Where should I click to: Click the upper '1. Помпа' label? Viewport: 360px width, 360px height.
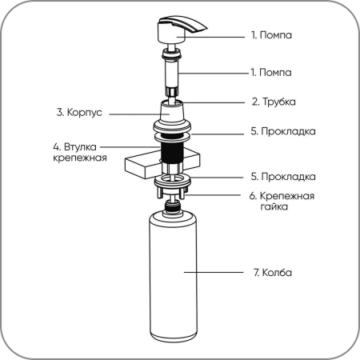click(x=271, y=35)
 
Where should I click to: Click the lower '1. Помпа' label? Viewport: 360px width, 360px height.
click(x=271, y=72)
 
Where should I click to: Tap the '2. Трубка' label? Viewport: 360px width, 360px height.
click(x=274, y=102)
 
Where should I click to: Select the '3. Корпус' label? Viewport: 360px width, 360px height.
click(x=79, y=112)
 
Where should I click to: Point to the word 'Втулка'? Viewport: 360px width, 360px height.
click(x=80, y=146)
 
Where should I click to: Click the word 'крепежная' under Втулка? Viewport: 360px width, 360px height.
click(x=80, y=158)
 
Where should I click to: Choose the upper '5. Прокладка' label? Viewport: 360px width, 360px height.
click(x=283, y=131)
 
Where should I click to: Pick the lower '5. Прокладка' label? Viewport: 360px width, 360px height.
click(x=283, y=177)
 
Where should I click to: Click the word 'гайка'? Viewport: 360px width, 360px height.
click(x=274, y=206)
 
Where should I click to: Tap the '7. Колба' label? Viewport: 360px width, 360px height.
click(x=273, y=273)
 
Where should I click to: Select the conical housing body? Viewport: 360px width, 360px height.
click(x=172, y=112)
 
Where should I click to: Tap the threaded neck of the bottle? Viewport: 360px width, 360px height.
click(x=174, y=206)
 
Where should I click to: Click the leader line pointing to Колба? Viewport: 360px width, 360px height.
click(x=214, y=272)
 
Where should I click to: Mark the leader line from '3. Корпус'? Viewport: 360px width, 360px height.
click(x=139, y=114)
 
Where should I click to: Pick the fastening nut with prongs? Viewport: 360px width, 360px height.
click(x=173, y=190)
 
